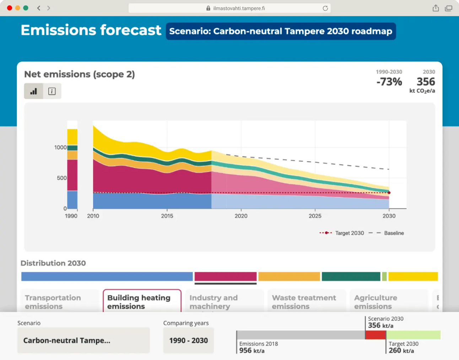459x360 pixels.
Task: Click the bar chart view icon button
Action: point(34,91)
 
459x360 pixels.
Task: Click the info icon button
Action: point(52,91)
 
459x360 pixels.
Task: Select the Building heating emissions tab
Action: point(142,301)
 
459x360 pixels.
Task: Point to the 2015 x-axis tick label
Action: point(167,216)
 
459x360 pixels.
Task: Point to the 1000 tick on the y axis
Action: point(60,147)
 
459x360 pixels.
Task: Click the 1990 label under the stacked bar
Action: point(71,216)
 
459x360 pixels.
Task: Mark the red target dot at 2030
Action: point(389,193)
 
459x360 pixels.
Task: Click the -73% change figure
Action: point(389,82)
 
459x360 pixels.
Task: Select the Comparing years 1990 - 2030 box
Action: point(188,340)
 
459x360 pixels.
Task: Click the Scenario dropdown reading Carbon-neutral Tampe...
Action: point(83,340)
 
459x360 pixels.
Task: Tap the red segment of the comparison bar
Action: point(376,335)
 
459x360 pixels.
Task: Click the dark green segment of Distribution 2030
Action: point(351,277)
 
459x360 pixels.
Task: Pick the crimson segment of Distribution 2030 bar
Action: point(225,277)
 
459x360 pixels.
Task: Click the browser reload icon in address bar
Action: point(325,8)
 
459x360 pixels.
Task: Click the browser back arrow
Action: point(39,8)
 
